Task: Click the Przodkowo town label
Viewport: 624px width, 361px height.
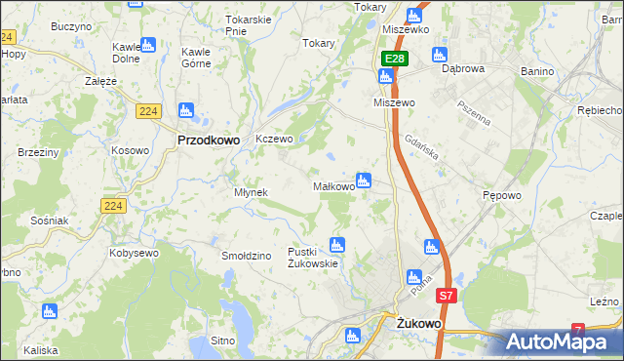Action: click(208, 140)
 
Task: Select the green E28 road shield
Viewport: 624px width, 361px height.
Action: click(393, 60)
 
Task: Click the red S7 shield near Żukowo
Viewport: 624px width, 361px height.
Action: click(446, 295)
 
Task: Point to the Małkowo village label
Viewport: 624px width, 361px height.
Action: click(332, 186)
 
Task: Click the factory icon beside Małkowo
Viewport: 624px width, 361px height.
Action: click(364, 180)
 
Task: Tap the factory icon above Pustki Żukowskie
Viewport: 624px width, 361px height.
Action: click(337, 245)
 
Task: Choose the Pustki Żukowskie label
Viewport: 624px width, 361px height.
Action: click(312, 258)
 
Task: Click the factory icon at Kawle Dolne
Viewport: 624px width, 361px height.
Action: click(147, 44)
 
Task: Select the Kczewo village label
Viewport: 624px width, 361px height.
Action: click(274, 140)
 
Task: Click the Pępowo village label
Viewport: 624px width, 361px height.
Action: click(501, 195)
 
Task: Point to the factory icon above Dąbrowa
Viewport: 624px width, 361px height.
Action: click(439, 54)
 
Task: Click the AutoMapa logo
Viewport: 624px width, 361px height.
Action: click(562, 341)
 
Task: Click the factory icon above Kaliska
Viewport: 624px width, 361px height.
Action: click(49, 311)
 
